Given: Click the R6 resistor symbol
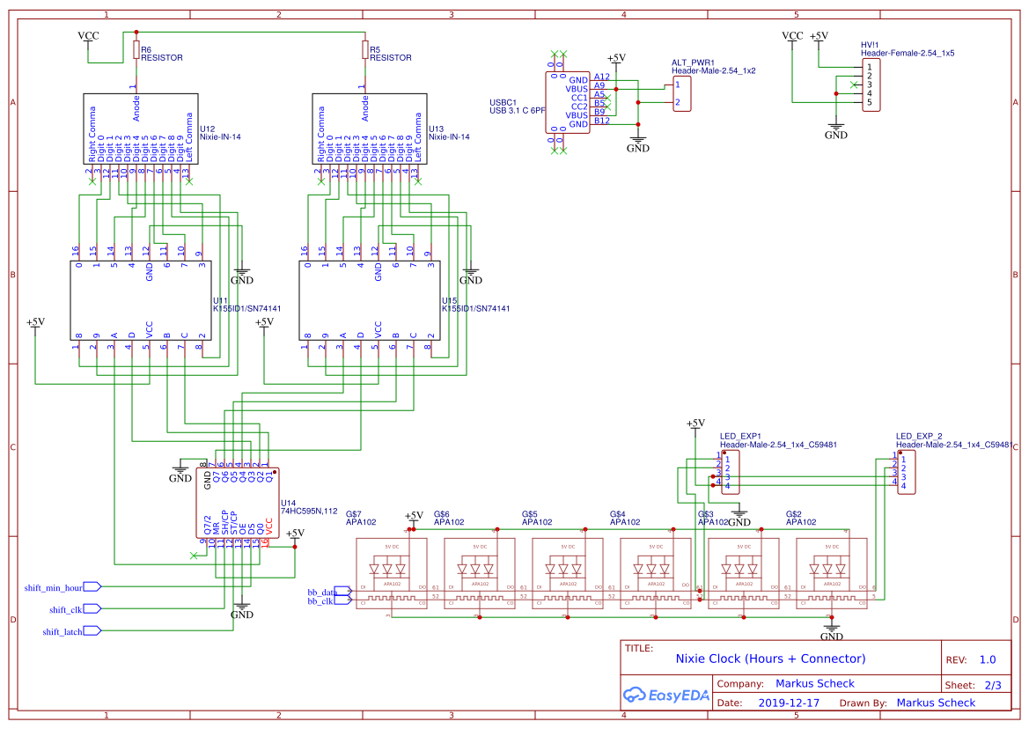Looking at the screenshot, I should click(x=136, y=49).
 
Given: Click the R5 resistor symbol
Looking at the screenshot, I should click(x=365, y=49).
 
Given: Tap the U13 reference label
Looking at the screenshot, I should click(x=437, y=129).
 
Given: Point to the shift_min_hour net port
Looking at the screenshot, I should click(x=92, y=586).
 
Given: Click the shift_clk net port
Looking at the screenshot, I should click(x=92, y=608).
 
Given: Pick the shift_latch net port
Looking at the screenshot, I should click(x=92, y=630).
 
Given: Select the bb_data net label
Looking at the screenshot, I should click(x=321, y=592).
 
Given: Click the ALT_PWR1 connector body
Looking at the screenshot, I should click(x=681, y=93).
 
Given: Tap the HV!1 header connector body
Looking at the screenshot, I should click(x=870, y=85).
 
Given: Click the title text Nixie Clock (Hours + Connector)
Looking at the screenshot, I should click(x=770, y=659).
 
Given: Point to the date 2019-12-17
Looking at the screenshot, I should click(x=788, y=703).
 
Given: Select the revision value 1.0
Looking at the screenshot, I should click(x=987, y=659).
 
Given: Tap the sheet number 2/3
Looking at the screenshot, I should click(x=992, y=684).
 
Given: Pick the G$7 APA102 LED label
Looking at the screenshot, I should click(x=361, y=518).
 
